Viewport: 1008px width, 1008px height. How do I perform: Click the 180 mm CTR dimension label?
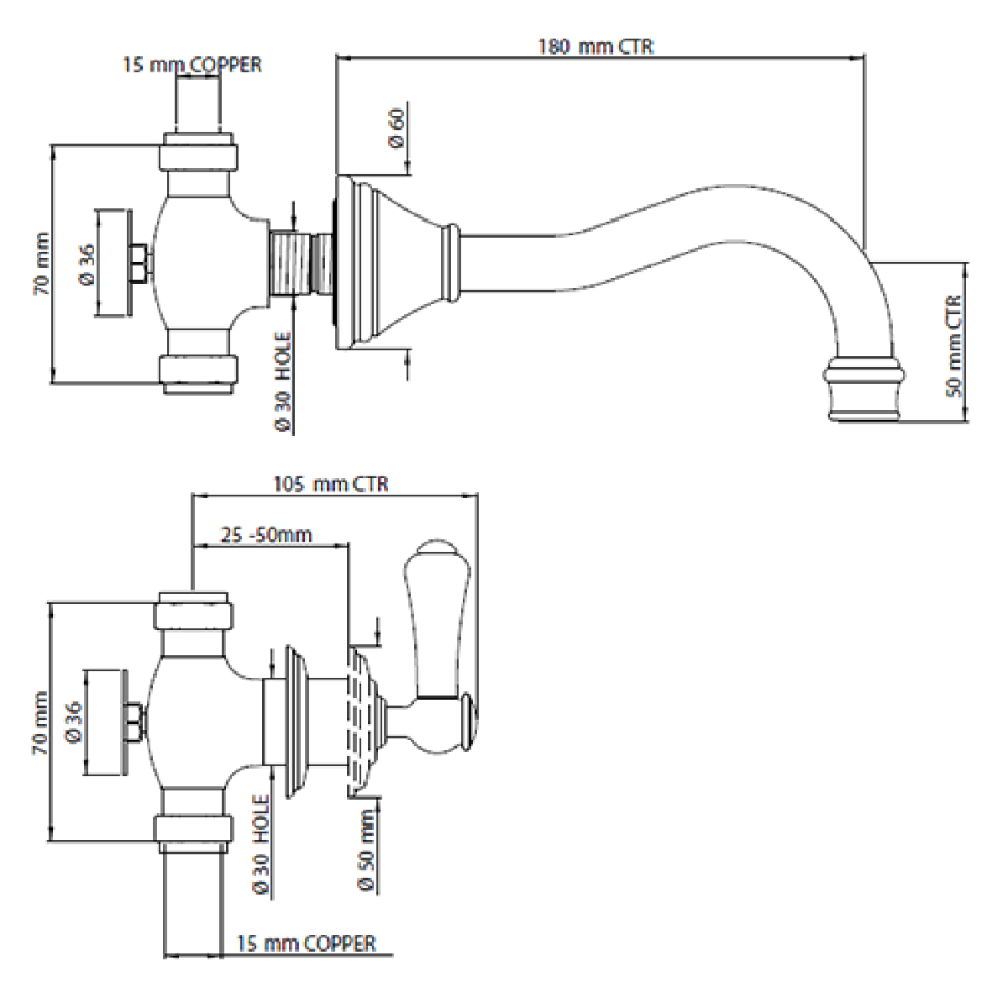click(596, 46)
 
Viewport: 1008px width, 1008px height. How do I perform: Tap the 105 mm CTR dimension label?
click(331, 485)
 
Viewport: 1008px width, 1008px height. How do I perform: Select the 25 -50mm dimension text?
click(267, 535)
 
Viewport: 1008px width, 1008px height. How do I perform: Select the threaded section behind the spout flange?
click(299, 262)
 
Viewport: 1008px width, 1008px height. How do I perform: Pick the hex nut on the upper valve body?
click(139, 261)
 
